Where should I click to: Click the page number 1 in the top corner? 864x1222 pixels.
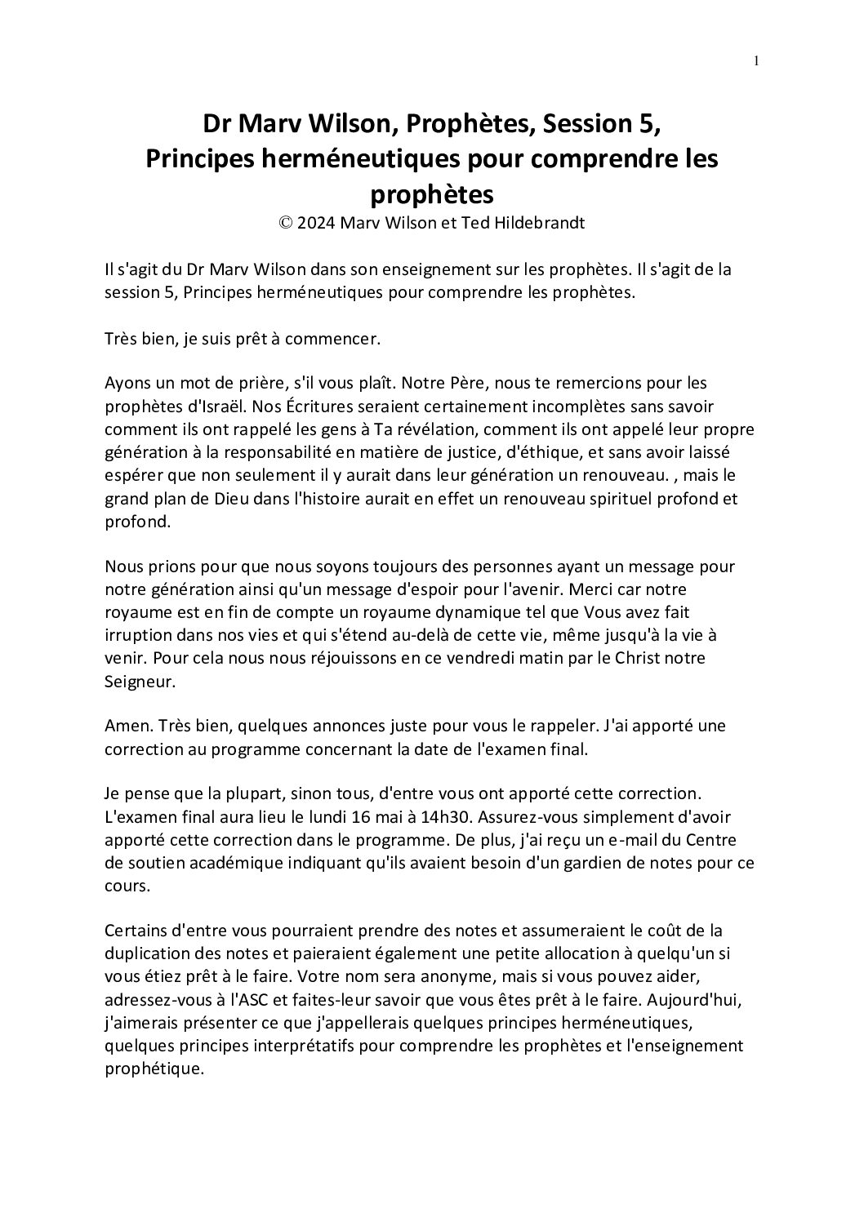click(x=757, y=60)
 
